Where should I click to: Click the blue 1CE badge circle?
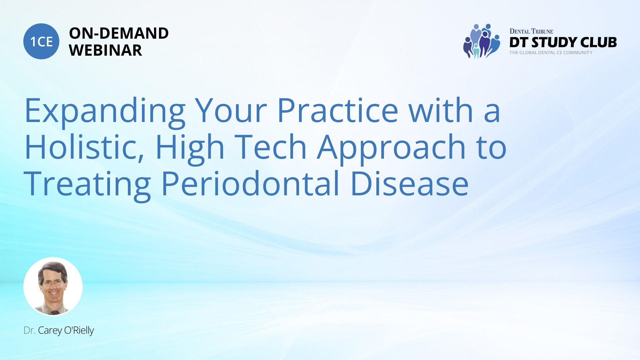click(41, 41)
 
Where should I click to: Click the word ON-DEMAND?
click(119, 33)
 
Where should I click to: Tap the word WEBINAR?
click(105, 50)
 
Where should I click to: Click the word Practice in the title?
click(338, 110)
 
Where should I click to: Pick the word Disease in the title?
click(410, 183)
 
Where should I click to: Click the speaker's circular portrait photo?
click(53, 286)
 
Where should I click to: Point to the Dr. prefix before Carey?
click(29, 330)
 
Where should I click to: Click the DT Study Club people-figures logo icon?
click(482, 41)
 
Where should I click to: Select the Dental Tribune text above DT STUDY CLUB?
click(531, 31)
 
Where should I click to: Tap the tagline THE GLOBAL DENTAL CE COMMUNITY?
click(551, 53)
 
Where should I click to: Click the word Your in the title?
click(231, 110)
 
